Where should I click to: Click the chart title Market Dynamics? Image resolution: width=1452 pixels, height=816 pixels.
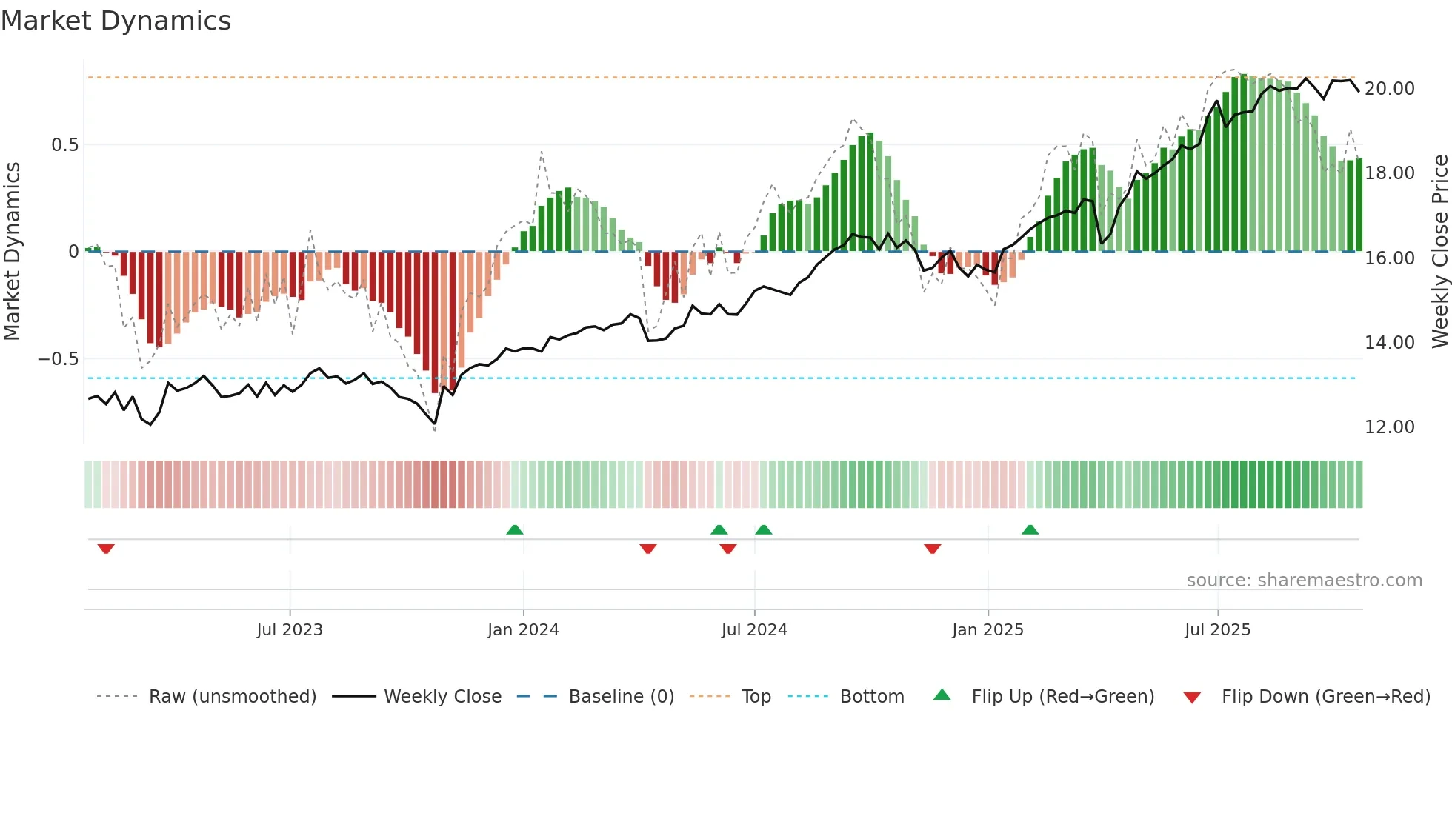click(x=116, y=21)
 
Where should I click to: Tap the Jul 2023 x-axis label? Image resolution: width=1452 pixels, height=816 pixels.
click(x=290, y=630)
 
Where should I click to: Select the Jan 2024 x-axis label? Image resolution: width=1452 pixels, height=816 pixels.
click(x=523, y=630)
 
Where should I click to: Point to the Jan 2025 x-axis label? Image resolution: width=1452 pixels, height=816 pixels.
click(x=988, y=630)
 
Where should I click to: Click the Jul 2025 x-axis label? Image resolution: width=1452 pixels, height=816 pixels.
click(x=1217, y=630)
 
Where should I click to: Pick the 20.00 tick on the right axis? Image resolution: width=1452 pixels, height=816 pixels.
click(x=1389, y=89)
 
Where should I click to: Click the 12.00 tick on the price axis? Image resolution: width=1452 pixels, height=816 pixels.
click(x=1389, y=427)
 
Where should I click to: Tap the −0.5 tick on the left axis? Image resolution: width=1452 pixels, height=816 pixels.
click(x=58, y=359)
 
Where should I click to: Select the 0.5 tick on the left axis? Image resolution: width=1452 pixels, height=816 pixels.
click(x=64, y=145)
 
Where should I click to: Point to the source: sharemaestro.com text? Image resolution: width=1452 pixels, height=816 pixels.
click(x=1304, y=581)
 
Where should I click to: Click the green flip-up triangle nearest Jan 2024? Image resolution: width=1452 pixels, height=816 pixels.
click(x=515, y=529)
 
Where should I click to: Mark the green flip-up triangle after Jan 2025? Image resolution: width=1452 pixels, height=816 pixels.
click(x=1030, y=529)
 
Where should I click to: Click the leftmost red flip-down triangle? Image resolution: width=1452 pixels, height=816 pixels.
click(x=106, y=549)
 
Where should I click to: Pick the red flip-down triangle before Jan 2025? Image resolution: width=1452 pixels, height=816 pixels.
click(x=933, y=549)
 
